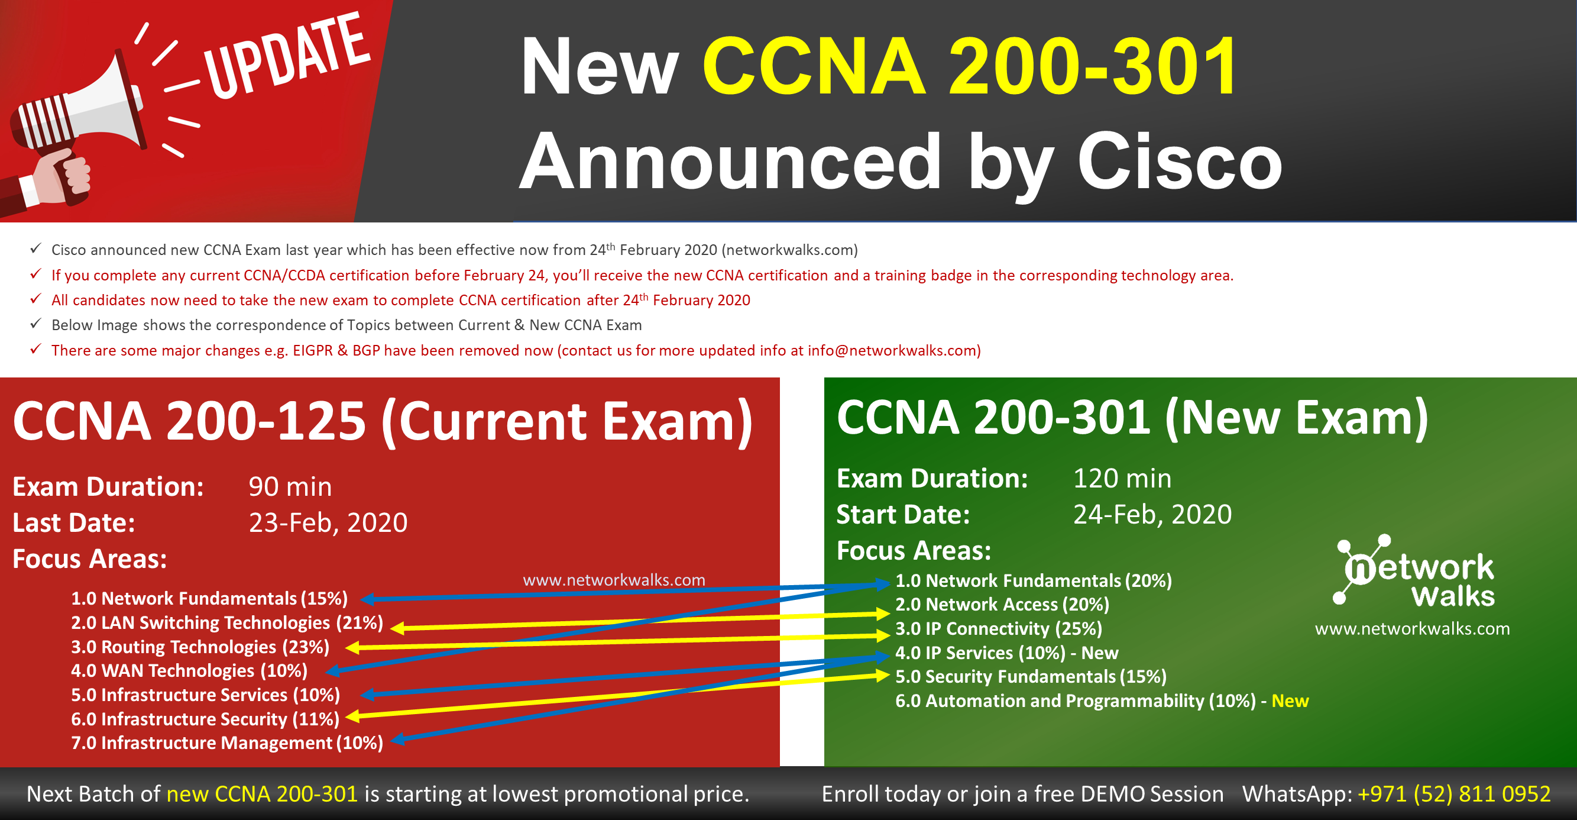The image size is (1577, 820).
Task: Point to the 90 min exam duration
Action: tap(290, 487)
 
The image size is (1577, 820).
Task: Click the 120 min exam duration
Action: tap(1122, 478)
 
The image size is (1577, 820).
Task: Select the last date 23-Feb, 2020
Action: tap(328, 523)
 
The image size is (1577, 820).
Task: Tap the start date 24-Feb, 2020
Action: tap(1152, 514)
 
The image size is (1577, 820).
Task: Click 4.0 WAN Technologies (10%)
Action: tap(189, 670)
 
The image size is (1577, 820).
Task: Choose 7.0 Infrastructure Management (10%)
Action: tap(227, 743)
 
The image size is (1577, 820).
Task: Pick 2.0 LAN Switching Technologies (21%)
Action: tap(227, 623)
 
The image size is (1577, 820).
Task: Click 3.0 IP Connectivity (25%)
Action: tap(999, 628)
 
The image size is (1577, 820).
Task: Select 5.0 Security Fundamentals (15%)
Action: tap(1031, 677)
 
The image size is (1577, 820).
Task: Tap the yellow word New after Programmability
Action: tap(1290, 700)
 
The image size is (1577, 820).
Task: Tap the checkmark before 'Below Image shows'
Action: tap(36, 324)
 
